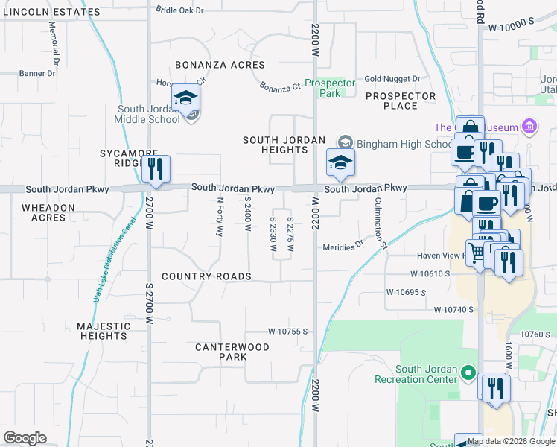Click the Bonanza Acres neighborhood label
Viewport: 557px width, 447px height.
click(220, 66)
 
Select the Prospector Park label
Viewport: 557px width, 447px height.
click(329, 89)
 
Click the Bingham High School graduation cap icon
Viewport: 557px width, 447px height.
click(339, 163)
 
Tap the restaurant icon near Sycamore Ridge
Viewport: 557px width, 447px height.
click(156, 169)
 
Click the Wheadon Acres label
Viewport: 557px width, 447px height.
click(48, 212)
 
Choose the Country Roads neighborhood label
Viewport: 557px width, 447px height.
click(206, 276)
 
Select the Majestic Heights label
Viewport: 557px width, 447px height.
click(103, 331)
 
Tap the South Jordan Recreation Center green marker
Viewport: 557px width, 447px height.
click(468, 371)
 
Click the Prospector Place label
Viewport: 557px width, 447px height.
click(401, 101)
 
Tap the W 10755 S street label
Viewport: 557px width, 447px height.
click(288, 331)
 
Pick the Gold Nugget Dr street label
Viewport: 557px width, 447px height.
click(392, 79)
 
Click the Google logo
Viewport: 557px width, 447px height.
click(25, 438)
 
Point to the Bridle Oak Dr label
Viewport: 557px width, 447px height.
click(179, 10)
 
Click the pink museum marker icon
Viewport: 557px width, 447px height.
click(529, 126)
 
